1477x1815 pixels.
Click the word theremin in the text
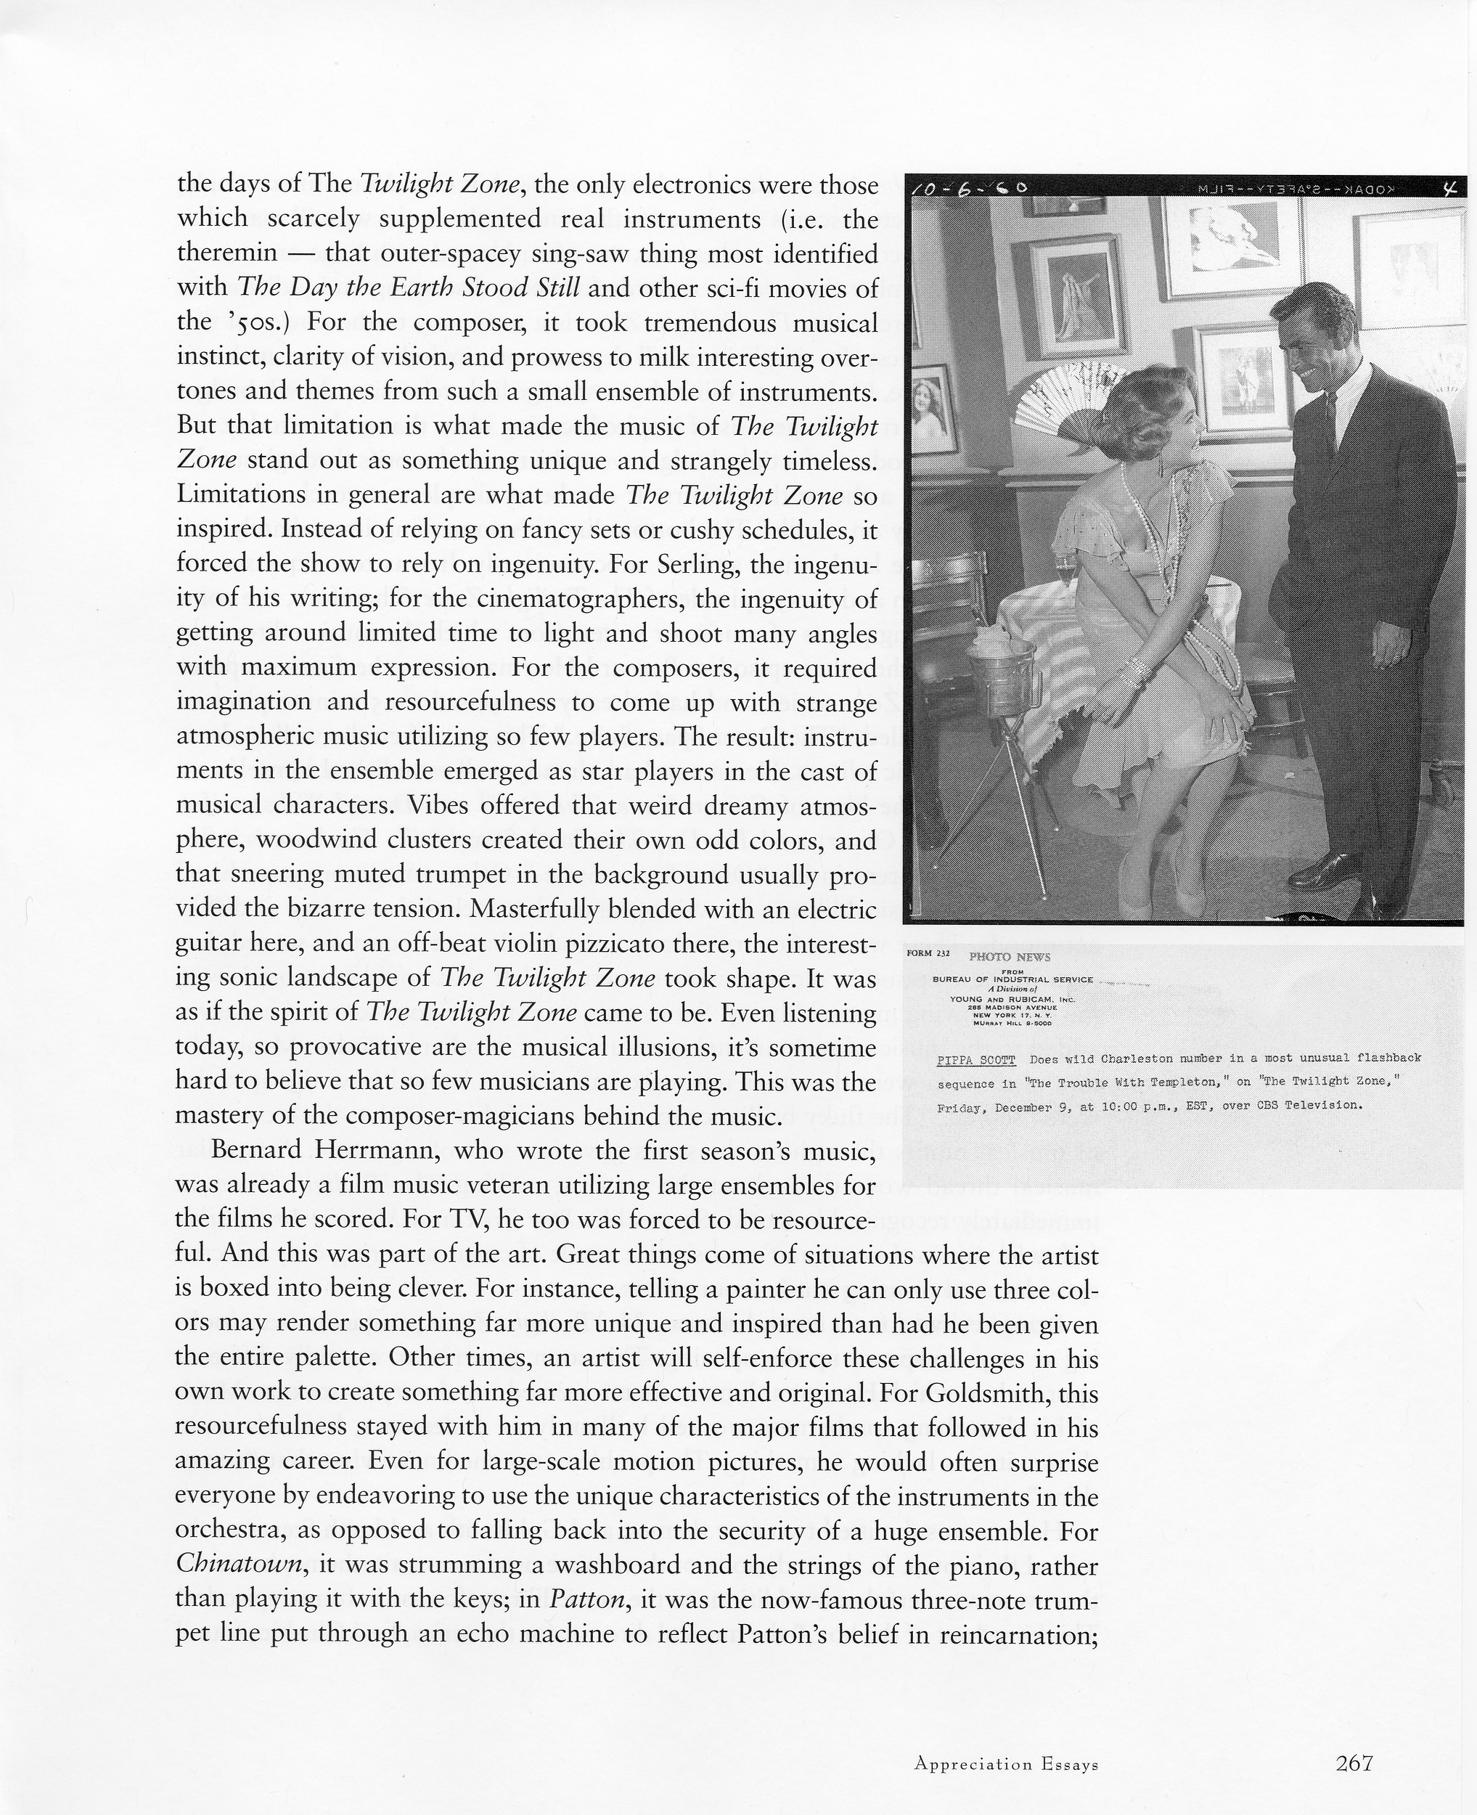tap(227, 253)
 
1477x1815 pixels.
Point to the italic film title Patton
tap(587, 1599)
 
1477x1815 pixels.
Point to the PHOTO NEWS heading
tap(1009, 958)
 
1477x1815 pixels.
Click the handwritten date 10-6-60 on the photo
tap(968, 188)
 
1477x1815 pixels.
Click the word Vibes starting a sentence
tap(438, 806)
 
